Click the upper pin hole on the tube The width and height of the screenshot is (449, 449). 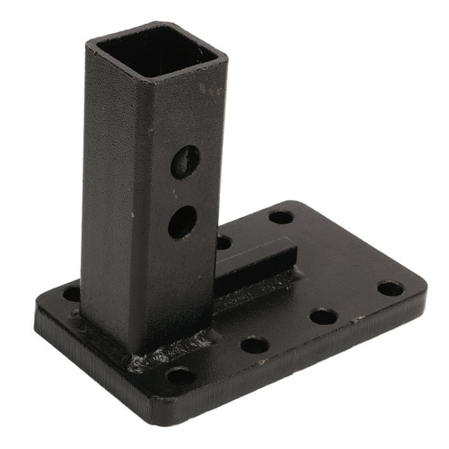(x=185, y=161)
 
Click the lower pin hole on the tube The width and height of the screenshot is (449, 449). (x=182, y=221)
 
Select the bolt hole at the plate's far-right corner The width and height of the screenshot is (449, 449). (x=390, y=288)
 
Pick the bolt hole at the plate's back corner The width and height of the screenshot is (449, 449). (x=281, y=217)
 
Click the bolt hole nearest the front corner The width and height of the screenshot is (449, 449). (x=180, y=376)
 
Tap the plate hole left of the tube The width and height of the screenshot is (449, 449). (x=72, y=294)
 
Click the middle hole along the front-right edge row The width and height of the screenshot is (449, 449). (x=324, y=317)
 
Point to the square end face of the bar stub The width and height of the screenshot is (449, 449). (x=293, y=257)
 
